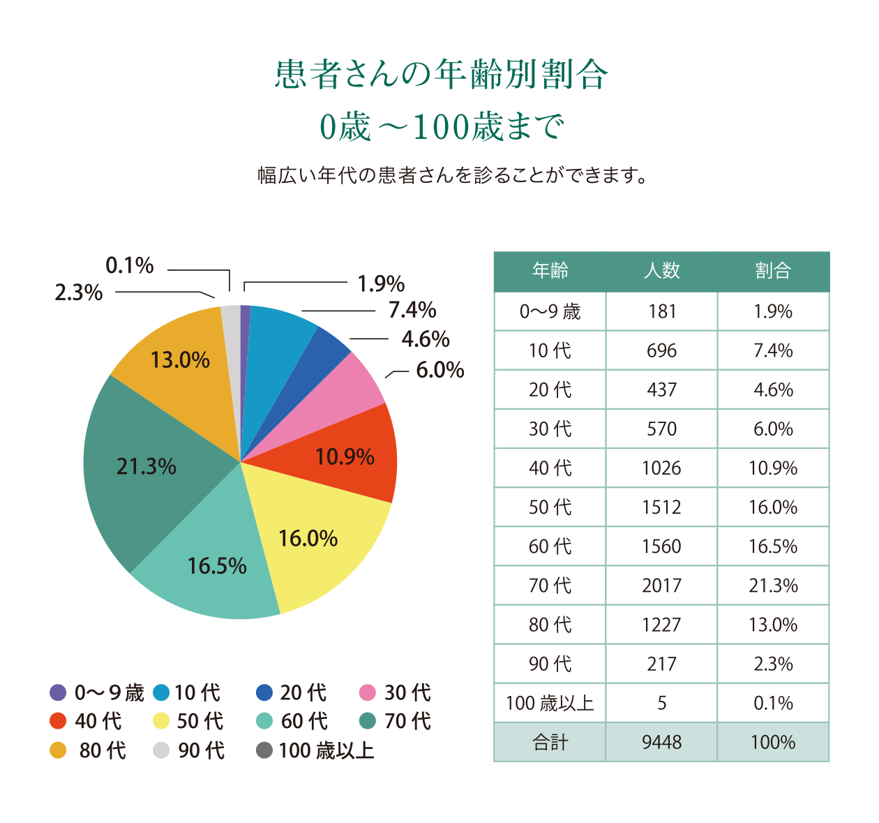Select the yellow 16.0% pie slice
click(x=314, y=551)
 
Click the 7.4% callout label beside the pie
click(x=412, y=310)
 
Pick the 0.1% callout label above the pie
click(x=130, y=265)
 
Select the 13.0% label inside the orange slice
click(x=180, y=360)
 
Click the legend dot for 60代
click(x=264, y=721)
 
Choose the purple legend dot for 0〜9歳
click(x=58, y=692)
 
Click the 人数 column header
click(x=661, y=271)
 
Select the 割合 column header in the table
click(x=773, y=271)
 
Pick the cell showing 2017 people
click(x=661, y=586)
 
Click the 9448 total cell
click(x=661, y=743)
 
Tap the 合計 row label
click(x=550, y=743)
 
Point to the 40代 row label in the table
click(x=550, y=468)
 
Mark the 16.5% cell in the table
click(x=773, y=547)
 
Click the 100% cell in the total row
click(x=773, y=743)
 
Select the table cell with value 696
click(x=661, y=350)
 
